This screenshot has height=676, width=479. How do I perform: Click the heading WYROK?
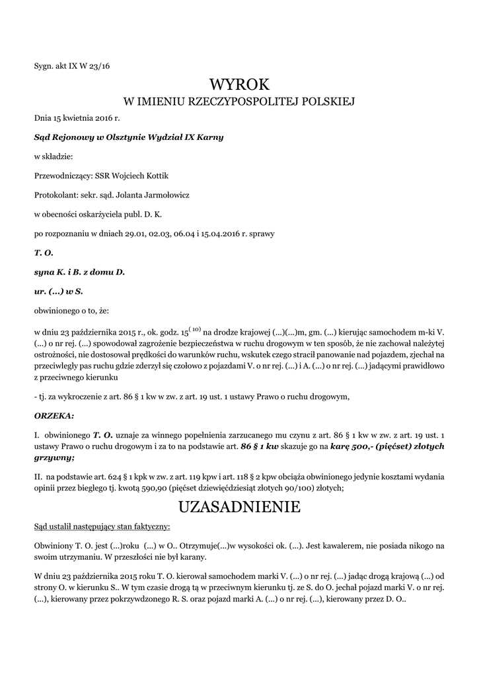coord(239,84)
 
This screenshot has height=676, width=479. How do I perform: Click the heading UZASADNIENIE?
coord(239,507)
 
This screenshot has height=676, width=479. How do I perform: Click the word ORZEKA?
coord(54,416)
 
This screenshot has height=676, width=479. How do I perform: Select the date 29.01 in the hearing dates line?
coord(131,233)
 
